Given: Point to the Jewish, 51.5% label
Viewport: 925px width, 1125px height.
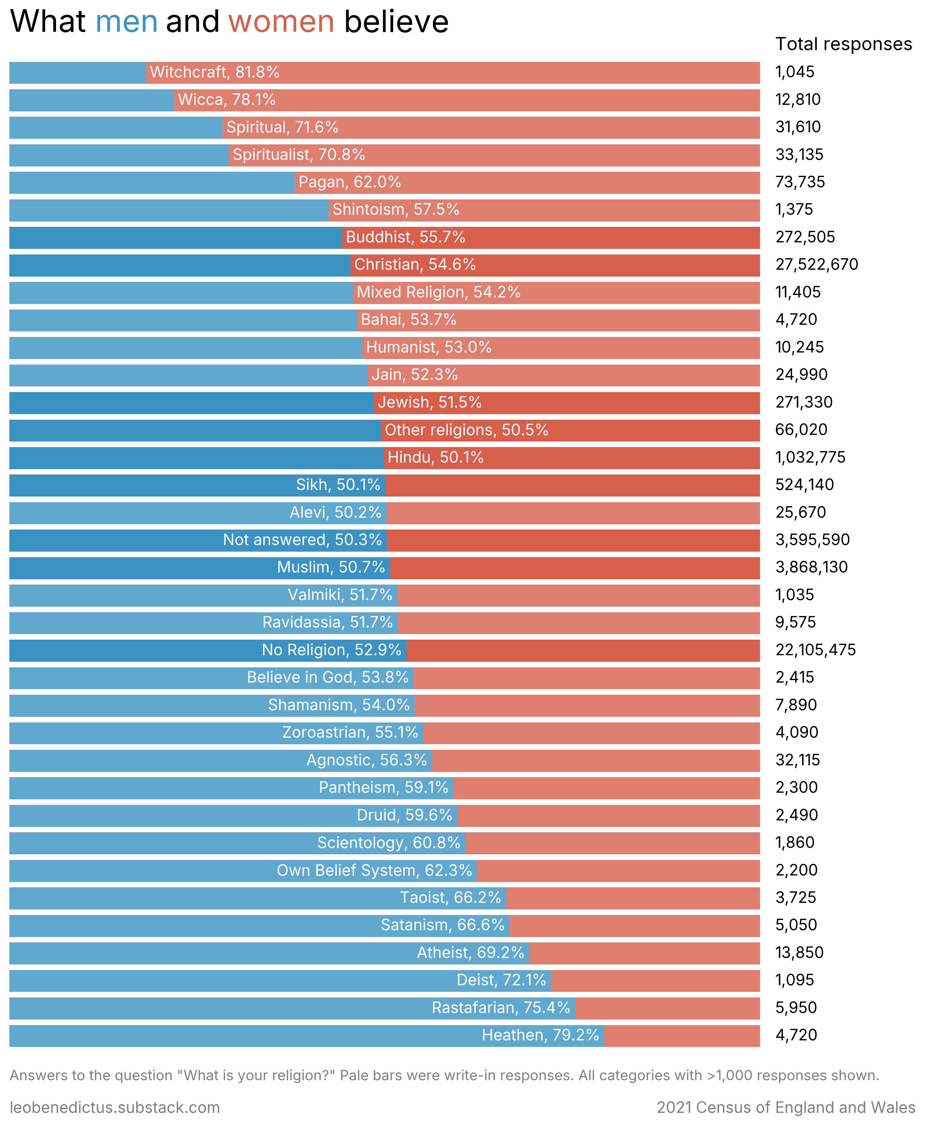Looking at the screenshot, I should tap(430, 402).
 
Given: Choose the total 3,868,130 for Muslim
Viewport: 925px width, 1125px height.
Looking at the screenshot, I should tap(811, 567).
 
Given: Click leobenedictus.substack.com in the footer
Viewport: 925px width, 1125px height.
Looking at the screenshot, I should tap(115, 1108).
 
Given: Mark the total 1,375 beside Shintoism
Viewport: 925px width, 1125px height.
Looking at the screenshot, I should tap(794, 209).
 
